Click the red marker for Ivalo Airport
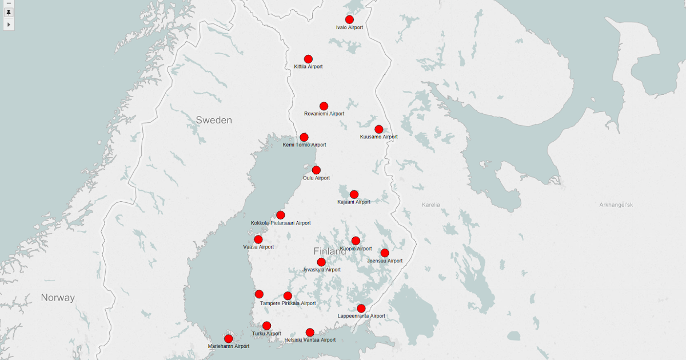[349, 19]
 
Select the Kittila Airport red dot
[308, 59]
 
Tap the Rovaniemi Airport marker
[324, 106]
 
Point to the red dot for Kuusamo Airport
[378, 129]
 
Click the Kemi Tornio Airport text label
[304, 145]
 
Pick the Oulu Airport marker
[316, 170]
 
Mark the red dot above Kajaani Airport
[354, 194]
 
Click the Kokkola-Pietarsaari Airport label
[281, 223]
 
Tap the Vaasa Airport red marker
[258, 239]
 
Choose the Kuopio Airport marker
[356, 241]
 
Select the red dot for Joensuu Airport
[385, 253]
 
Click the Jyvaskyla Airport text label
[322, 270]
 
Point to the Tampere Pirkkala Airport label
[288, 303]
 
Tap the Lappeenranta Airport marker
[361, 308]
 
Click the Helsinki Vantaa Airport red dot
[310, 332]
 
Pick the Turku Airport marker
[266, 326]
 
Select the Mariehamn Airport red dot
[229, 338]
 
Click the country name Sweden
[214, 120]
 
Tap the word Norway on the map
[58, 298]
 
